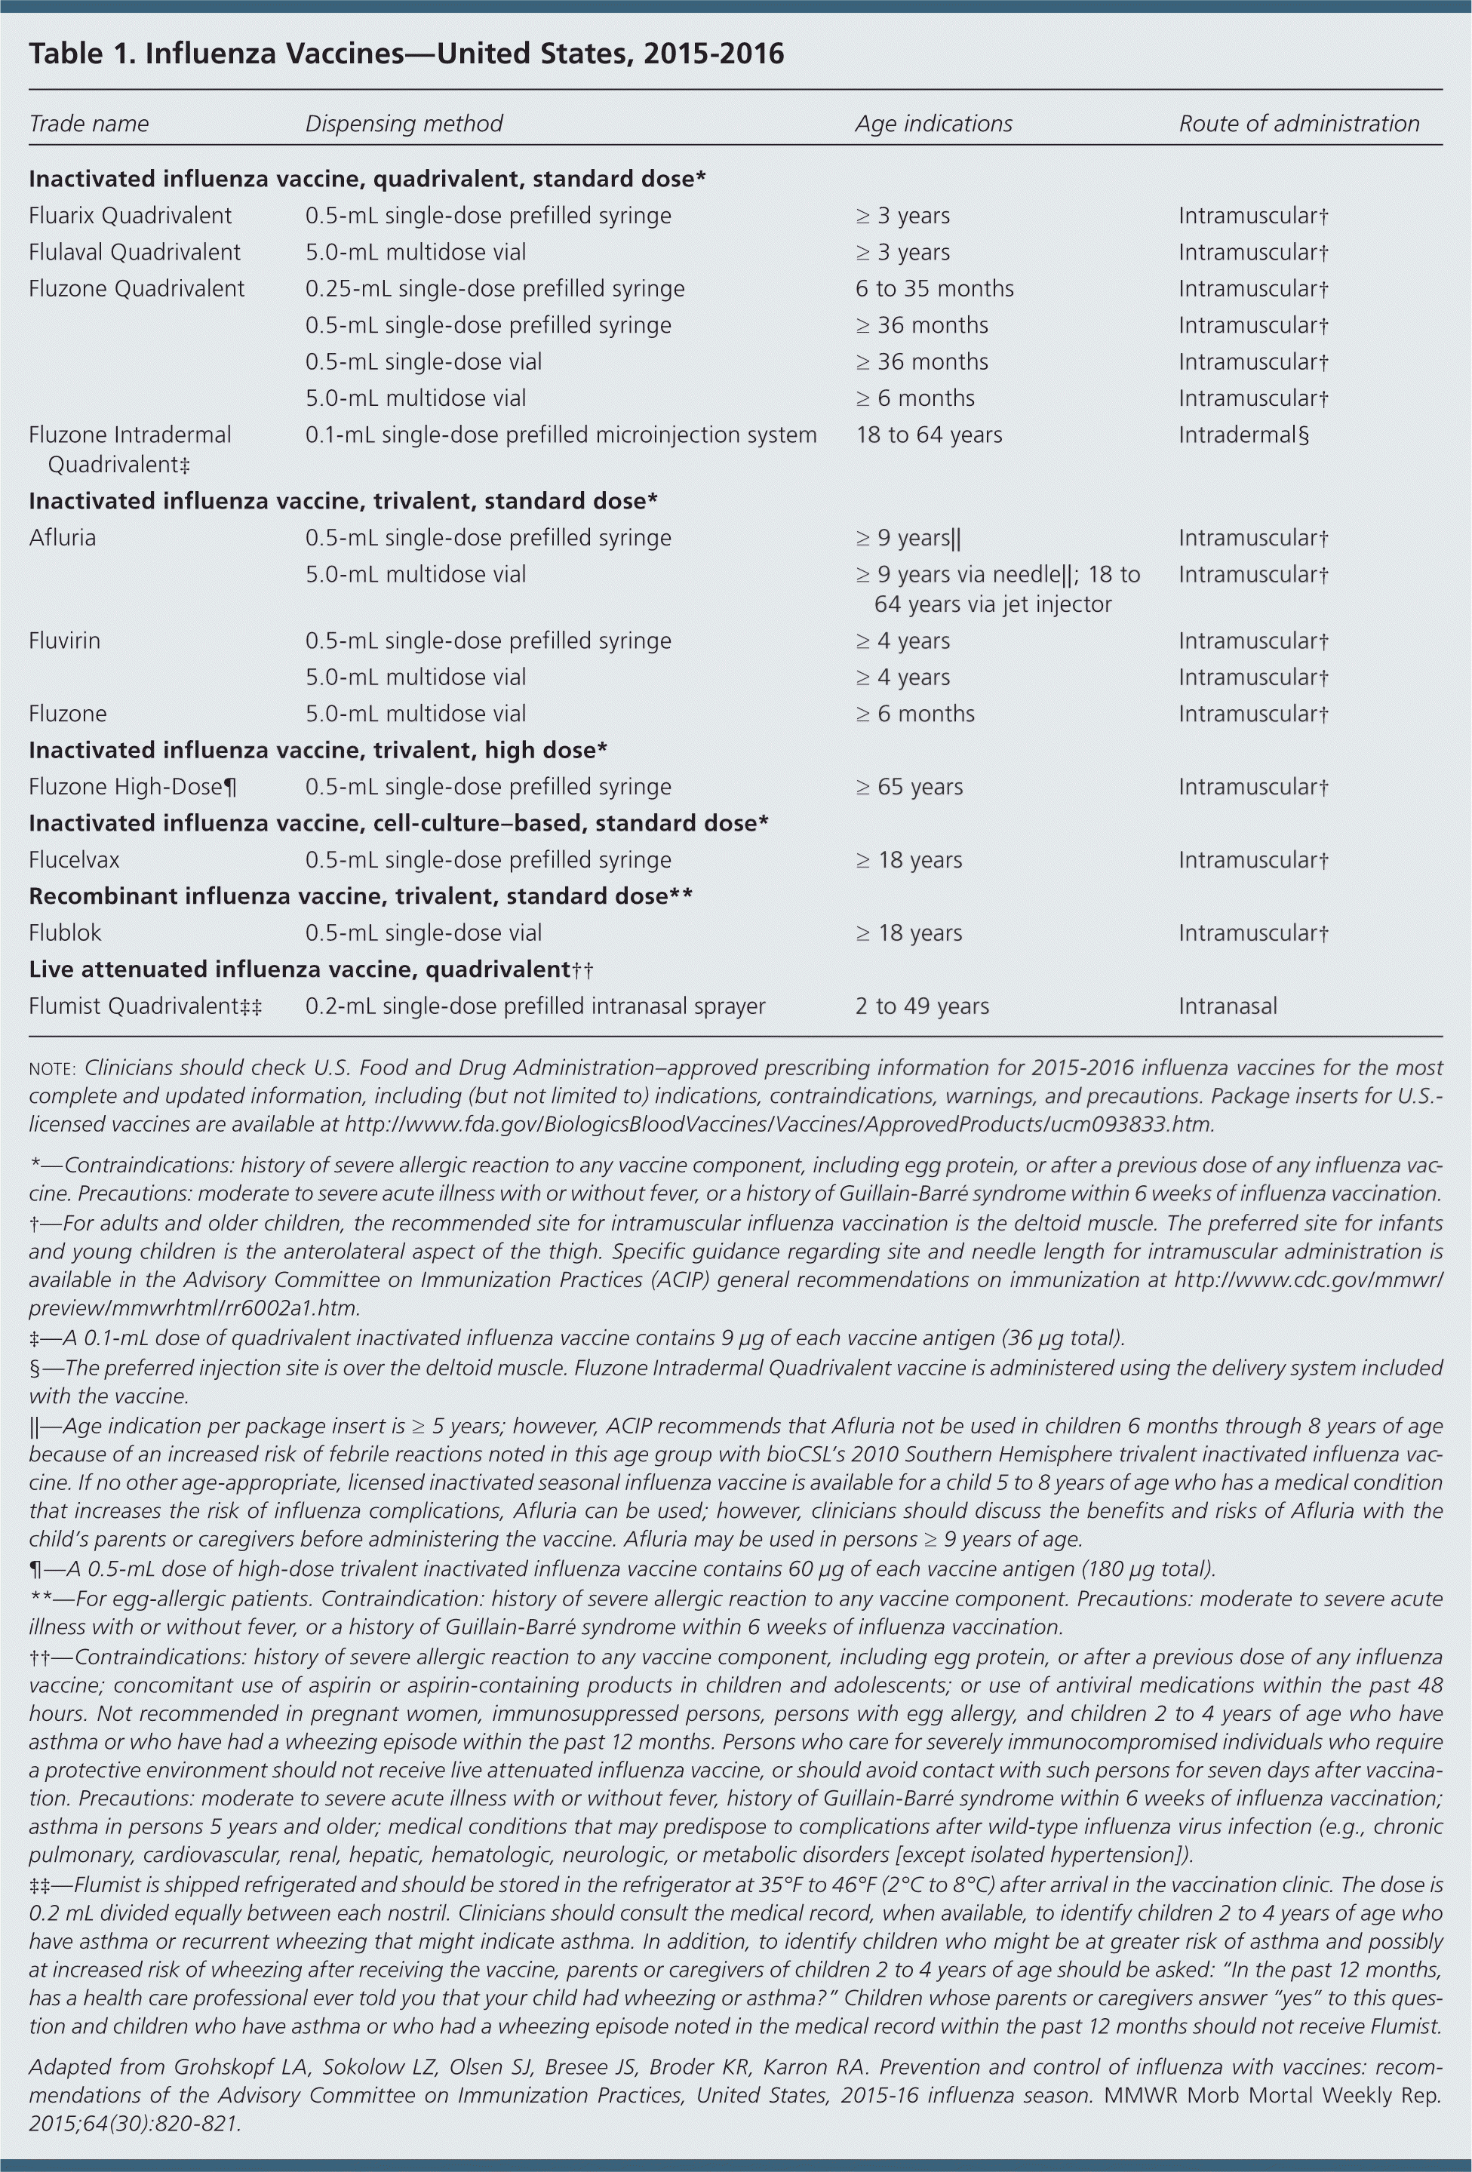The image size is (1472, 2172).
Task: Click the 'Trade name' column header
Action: coord(89,124)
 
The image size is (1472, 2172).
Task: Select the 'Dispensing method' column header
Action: coord(404,124)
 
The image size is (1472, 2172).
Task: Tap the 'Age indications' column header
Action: coord(933,124)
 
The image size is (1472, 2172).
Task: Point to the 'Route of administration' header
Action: coord(1298,124)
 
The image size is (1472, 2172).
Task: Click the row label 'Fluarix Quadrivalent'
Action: coord(130,216)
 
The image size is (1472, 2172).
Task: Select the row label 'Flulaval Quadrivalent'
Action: coord(134,252)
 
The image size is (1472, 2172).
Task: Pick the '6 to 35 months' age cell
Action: coord(933,289)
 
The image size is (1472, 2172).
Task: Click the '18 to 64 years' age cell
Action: coord(928,435)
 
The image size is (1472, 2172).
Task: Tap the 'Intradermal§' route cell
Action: coord(1243,435)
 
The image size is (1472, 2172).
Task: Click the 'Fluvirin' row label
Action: coord(63,641)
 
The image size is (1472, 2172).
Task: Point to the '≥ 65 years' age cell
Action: coord(908,787)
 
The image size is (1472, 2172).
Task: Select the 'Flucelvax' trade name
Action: coord(74,860)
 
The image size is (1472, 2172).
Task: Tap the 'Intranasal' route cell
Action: coord(1227,1006)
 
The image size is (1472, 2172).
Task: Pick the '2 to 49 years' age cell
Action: coord(921,1006)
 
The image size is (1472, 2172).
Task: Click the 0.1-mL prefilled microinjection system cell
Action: coord(561,435)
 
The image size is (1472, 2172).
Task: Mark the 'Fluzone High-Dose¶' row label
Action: coord(132,787)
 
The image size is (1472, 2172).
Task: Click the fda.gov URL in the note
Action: coord(779,1124)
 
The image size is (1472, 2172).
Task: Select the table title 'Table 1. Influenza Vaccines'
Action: coord(406,54)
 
